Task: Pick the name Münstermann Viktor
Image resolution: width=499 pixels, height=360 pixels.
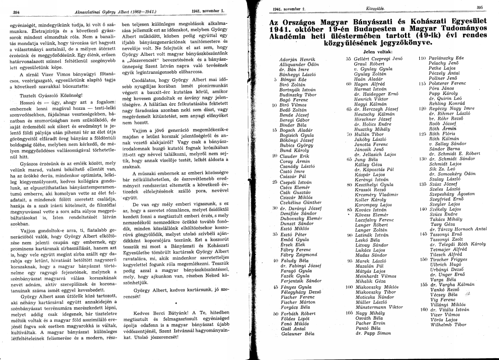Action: (x=373, y=307)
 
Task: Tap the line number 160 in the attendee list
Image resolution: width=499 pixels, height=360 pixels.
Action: (x=423, y=310)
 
